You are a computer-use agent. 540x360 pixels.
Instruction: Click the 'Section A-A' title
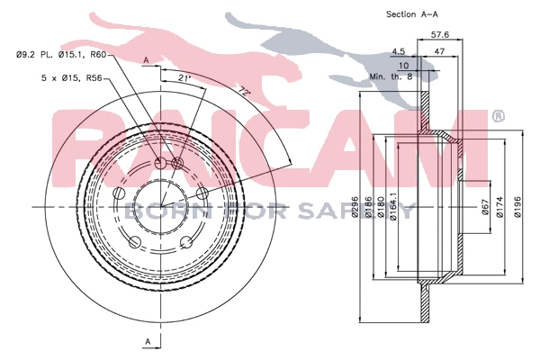tap(412, 14)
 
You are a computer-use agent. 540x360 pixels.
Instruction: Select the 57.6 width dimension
tap(440, 34)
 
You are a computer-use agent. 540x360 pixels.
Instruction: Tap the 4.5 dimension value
tap(398, 51)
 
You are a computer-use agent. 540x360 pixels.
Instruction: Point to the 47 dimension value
tap(440, 51)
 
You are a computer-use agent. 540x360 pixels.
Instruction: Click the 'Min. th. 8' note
tap(391, 76)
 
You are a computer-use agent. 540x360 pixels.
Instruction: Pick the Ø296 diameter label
tap(355, 206)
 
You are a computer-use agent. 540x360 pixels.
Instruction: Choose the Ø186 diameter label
tap(368, 207)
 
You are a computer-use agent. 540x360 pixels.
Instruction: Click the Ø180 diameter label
tap(381, 207)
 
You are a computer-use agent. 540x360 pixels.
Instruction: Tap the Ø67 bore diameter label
tap(485, 207)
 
